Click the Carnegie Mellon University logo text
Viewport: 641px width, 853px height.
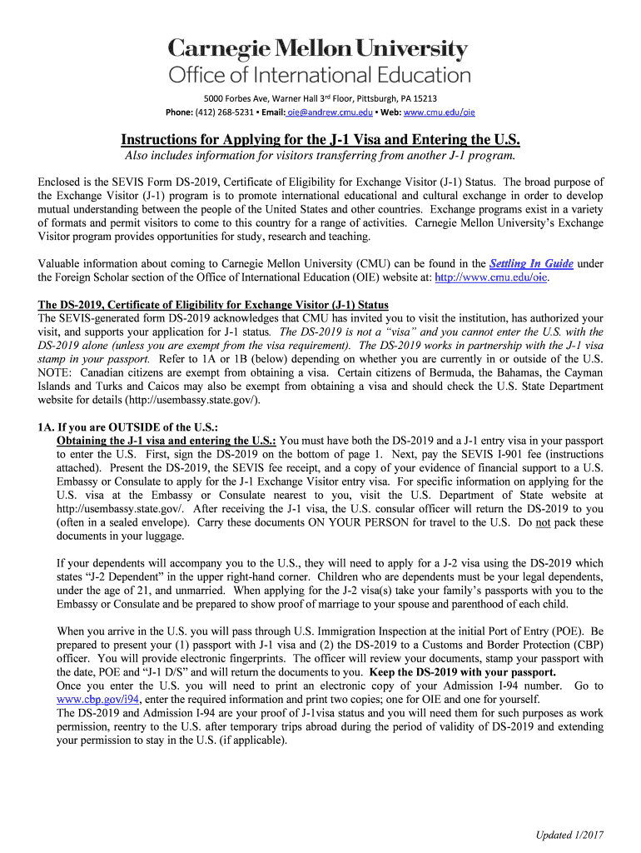click(320, 49)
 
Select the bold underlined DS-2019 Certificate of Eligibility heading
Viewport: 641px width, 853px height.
click(213, 304)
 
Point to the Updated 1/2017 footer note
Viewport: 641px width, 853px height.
click(570, 835)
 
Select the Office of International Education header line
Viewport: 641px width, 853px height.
click(320, 76)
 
